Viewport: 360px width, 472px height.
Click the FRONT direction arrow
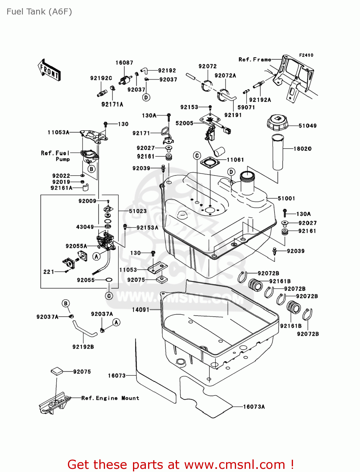pos(49,70)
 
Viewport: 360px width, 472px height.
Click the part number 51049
pos(307,126)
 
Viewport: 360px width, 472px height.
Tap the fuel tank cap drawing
pos(277,123)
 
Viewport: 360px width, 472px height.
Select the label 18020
pos(302,149)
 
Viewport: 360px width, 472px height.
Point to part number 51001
pos(286,199)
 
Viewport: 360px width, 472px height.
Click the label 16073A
pos(254,407)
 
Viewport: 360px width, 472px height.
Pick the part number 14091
pos(141,310)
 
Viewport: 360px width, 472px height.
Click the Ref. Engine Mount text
pos(110,398)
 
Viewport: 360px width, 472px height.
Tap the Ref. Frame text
pos(255,59)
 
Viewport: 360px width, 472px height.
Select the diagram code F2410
pos(306,55)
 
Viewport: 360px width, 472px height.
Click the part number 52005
pos(184,123)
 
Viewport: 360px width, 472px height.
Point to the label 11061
pos(235,160)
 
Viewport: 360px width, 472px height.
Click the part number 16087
pos(124,63)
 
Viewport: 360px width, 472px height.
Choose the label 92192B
pos(83,347)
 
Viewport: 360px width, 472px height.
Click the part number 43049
pos(85,227)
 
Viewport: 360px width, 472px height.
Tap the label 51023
pos(138,211)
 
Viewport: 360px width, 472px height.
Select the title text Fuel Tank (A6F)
pos(39,12)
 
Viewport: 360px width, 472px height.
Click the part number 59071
pos(246,107)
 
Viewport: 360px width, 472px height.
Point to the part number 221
pos(49,272)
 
